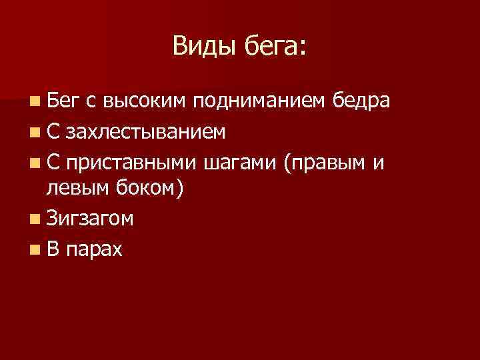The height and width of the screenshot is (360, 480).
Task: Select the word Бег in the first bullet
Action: click(x=63, y=103)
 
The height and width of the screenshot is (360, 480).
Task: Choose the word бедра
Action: click(x=361, y=103)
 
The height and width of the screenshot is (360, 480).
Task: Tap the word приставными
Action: click(x=132, y=162)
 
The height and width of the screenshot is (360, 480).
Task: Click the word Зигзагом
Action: click(x=89, y=219)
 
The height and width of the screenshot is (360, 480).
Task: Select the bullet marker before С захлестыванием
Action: click(x=34, y=133)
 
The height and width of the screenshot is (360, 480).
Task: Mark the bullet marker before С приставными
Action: click(x=34, y=162)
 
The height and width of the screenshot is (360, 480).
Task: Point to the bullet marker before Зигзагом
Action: click(x=34, y=219)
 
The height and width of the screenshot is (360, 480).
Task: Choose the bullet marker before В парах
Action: click(x=34, y=249)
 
